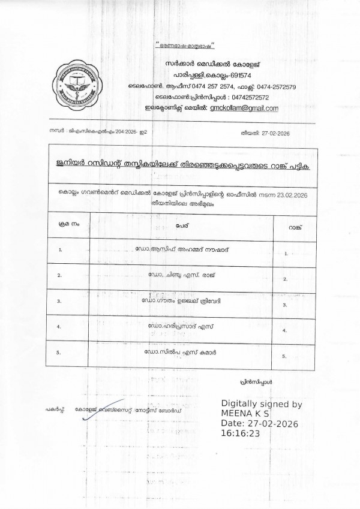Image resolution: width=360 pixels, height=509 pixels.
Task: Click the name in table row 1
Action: [x=182, y=248]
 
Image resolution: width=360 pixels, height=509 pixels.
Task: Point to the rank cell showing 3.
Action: [x=284, y=305]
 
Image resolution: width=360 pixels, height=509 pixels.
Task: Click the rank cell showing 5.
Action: [x=284, y=356]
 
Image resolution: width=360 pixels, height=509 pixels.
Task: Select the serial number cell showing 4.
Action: [x=59, y=327]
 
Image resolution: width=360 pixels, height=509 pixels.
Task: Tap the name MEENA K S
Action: [x=246, y=414]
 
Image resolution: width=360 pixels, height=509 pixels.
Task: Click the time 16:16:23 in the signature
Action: [x=241, y=434]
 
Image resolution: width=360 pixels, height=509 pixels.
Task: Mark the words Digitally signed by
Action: [x=262, y=403]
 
